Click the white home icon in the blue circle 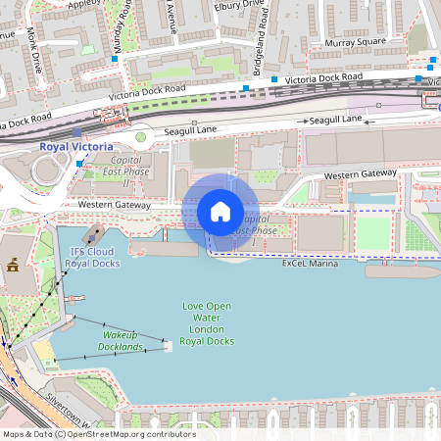point(220,212)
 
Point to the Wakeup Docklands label point(122,341)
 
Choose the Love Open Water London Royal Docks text point(208,323)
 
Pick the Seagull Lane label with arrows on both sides point(336,120)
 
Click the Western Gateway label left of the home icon point(116,205)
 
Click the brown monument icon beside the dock point(14,265)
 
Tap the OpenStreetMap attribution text point(99,433)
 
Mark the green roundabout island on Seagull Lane point(140,137)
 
